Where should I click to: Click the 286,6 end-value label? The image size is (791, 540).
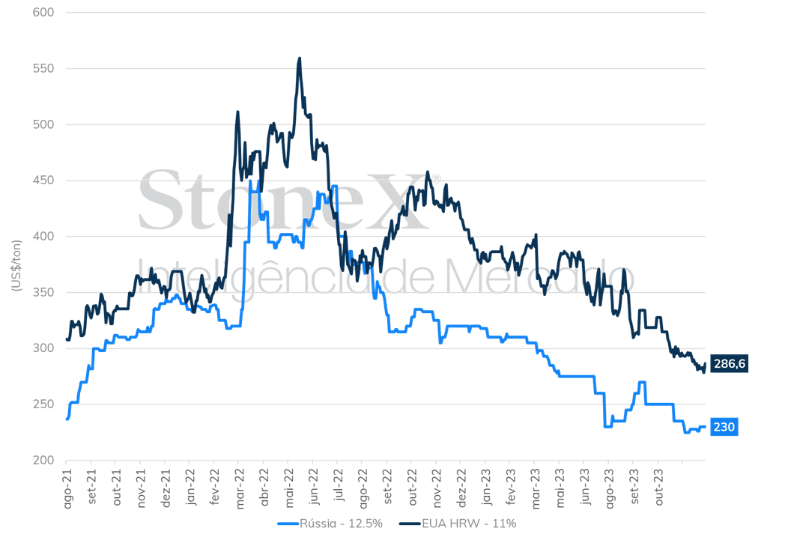(729, 363)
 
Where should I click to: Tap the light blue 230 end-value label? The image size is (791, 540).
(724, 427)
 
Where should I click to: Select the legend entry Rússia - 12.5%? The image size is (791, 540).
(330, 524)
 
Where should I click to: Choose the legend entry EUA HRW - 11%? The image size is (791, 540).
(458, 524)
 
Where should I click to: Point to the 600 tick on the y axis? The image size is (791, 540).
(43, 12)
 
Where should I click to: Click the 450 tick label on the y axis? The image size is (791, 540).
(43, 180)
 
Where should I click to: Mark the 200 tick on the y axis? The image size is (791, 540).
(43, 460)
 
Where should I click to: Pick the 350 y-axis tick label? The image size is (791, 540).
(43, 292)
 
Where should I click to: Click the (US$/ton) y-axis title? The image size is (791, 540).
(16, 266)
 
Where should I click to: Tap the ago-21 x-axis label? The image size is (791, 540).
(68, 488)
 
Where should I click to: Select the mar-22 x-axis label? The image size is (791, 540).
(240, 488)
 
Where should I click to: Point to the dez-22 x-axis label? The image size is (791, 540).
(461, 488)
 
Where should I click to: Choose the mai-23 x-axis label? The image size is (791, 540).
(560, 488)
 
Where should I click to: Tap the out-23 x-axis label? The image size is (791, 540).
(659, 487)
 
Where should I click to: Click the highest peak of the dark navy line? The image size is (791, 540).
(300, 58)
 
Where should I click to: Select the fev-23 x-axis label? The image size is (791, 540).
(511, 487)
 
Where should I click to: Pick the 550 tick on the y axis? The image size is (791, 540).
(43, 68)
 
